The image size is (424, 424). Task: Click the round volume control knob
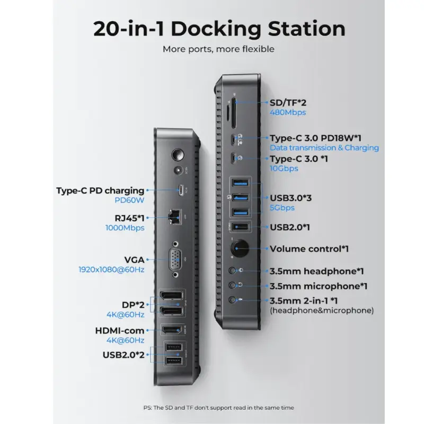coord(240,248)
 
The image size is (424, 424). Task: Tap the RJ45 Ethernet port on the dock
coord(174,217)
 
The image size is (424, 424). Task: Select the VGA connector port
coord(175,260)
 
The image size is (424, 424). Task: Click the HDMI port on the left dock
coord(171,330)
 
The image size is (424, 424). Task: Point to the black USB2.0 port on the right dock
coord(240,226)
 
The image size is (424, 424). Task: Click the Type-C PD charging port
coord(181,190)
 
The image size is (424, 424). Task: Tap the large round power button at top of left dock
coord(178,155)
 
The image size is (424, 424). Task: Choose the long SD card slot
coord(234,113)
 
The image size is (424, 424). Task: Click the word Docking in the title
coord(216,29)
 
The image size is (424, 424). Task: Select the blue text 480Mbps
coord(288,112)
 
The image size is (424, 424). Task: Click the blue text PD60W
coord(129,200)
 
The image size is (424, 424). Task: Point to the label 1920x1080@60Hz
coord(111,270)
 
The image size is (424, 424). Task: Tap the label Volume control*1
coord(309,249)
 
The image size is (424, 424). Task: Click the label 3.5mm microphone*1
coord(319,286)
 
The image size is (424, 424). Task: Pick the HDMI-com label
coord(120,331)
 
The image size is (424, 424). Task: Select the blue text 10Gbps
coord(284,169)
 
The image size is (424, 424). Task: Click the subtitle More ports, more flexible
coord(218,49)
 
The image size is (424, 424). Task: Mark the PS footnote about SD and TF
coord(218,408)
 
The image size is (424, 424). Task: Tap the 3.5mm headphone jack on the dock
coord(232,270)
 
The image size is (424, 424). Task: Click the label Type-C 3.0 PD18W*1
coord(315,138)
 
